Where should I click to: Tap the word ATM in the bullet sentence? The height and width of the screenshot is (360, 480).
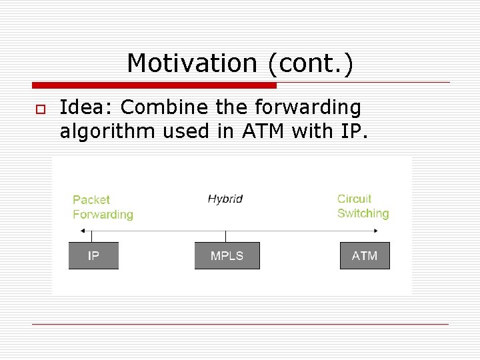263,131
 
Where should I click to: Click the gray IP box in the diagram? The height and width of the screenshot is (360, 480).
93,256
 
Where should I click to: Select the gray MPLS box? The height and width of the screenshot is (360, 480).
227,256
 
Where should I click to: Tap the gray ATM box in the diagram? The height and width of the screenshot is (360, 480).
365,256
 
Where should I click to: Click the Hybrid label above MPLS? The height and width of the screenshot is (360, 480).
225,199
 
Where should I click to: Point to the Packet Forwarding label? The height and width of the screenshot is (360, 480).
103,207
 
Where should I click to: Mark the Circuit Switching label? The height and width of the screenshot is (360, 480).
363,206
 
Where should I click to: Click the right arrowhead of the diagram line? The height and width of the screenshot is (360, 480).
377,231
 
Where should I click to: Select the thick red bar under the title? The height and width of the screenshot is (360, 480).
154,85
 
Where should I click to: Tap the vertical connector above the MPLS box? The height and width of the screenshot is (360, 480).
225,236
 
